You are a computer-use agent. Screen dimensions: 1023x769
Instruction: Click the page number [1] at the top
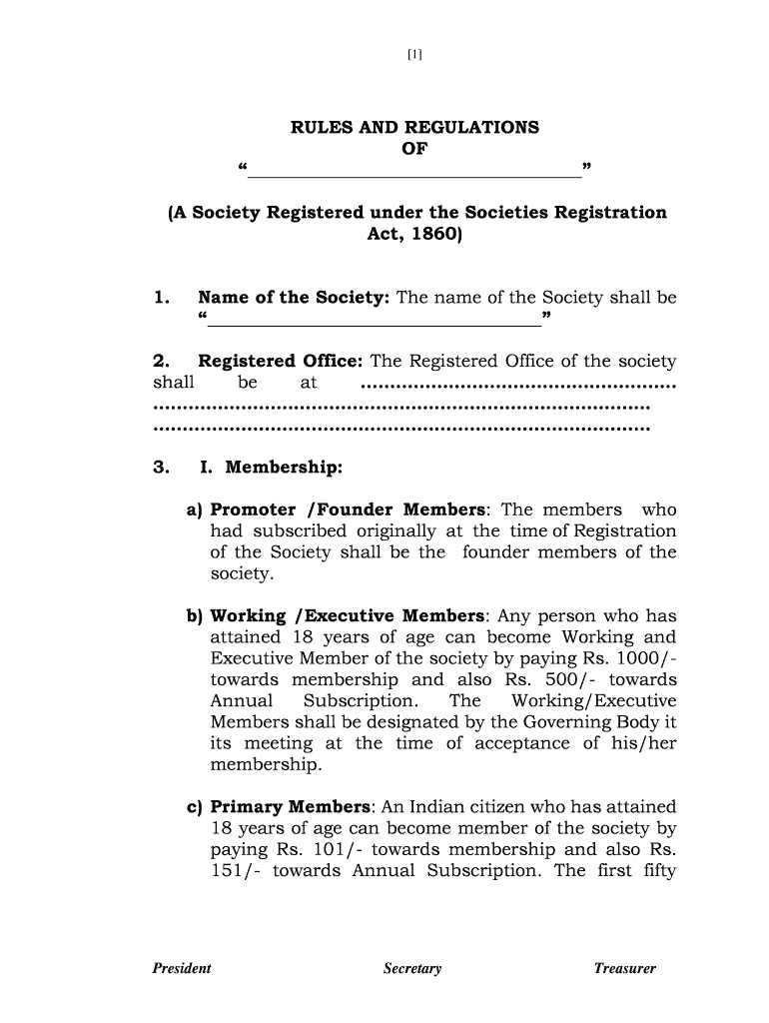414,55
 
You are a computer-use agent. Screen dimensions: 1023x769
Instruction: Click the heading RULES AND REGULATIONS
414,128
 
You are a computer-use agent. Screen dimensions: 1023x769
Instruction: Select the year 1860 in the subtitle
431,236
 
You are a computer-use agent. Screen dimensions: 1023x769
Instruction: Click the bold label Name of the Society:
295,298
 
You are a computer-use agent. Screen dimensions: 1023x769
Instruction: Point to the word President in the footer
182,969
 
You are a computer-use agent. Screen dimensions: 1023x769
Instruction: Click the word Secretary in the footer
412,969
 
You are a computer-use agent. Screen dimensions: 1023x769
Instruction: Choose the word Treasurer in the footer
625,969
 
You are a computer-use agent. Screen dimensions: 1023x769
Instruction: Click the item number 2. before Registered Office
163,362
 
